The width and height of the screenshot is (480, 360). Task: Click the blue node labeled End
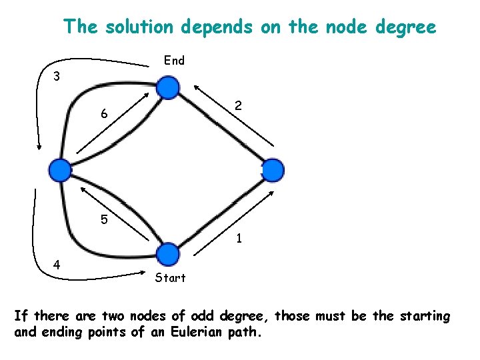coord(169,87)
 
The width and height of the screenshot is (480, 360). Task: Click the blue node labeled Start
coord(169,254)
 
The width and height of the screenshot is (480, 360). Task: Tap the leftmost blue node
coord(61,170)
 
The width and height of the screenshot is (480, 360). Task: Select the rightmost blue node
coord(273,170)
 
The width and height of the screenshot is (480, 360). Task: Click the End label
coord(174,61)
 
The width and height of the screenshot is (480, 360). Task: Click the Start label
coord(170,277)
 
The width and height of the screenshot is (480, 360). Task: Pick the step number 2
coord(238,105)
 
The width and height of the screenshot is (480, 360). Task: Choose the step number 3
coord(57,77)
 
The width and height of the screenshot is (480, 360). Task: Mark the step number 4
coord(57,264)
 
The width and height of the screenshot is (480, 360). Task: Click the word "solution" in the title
coord(135,27)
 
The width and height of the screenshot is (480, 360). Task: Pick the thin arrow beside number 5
coord(115,213)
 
